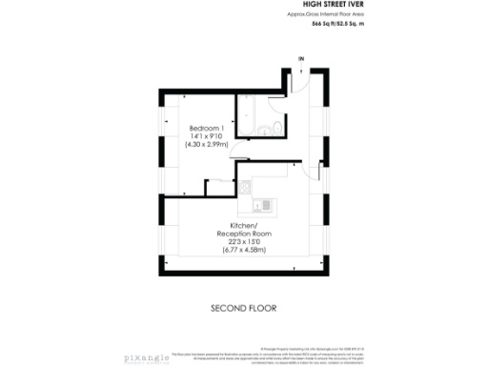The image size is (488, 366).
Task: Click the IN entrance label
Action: coord(301,60)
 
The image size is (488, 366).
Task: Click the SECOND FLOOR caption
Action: coord(243,309)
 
